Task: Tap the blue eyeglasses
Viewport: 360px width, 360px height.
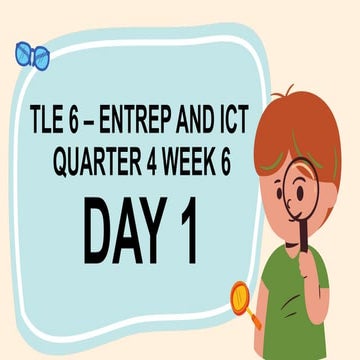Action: coord(32,55)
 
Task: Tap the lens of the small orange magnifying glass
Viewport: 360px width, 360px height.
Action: coord(241,296)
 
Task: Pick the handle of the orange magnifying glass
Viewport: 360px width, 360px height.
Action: coord(255,318)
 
